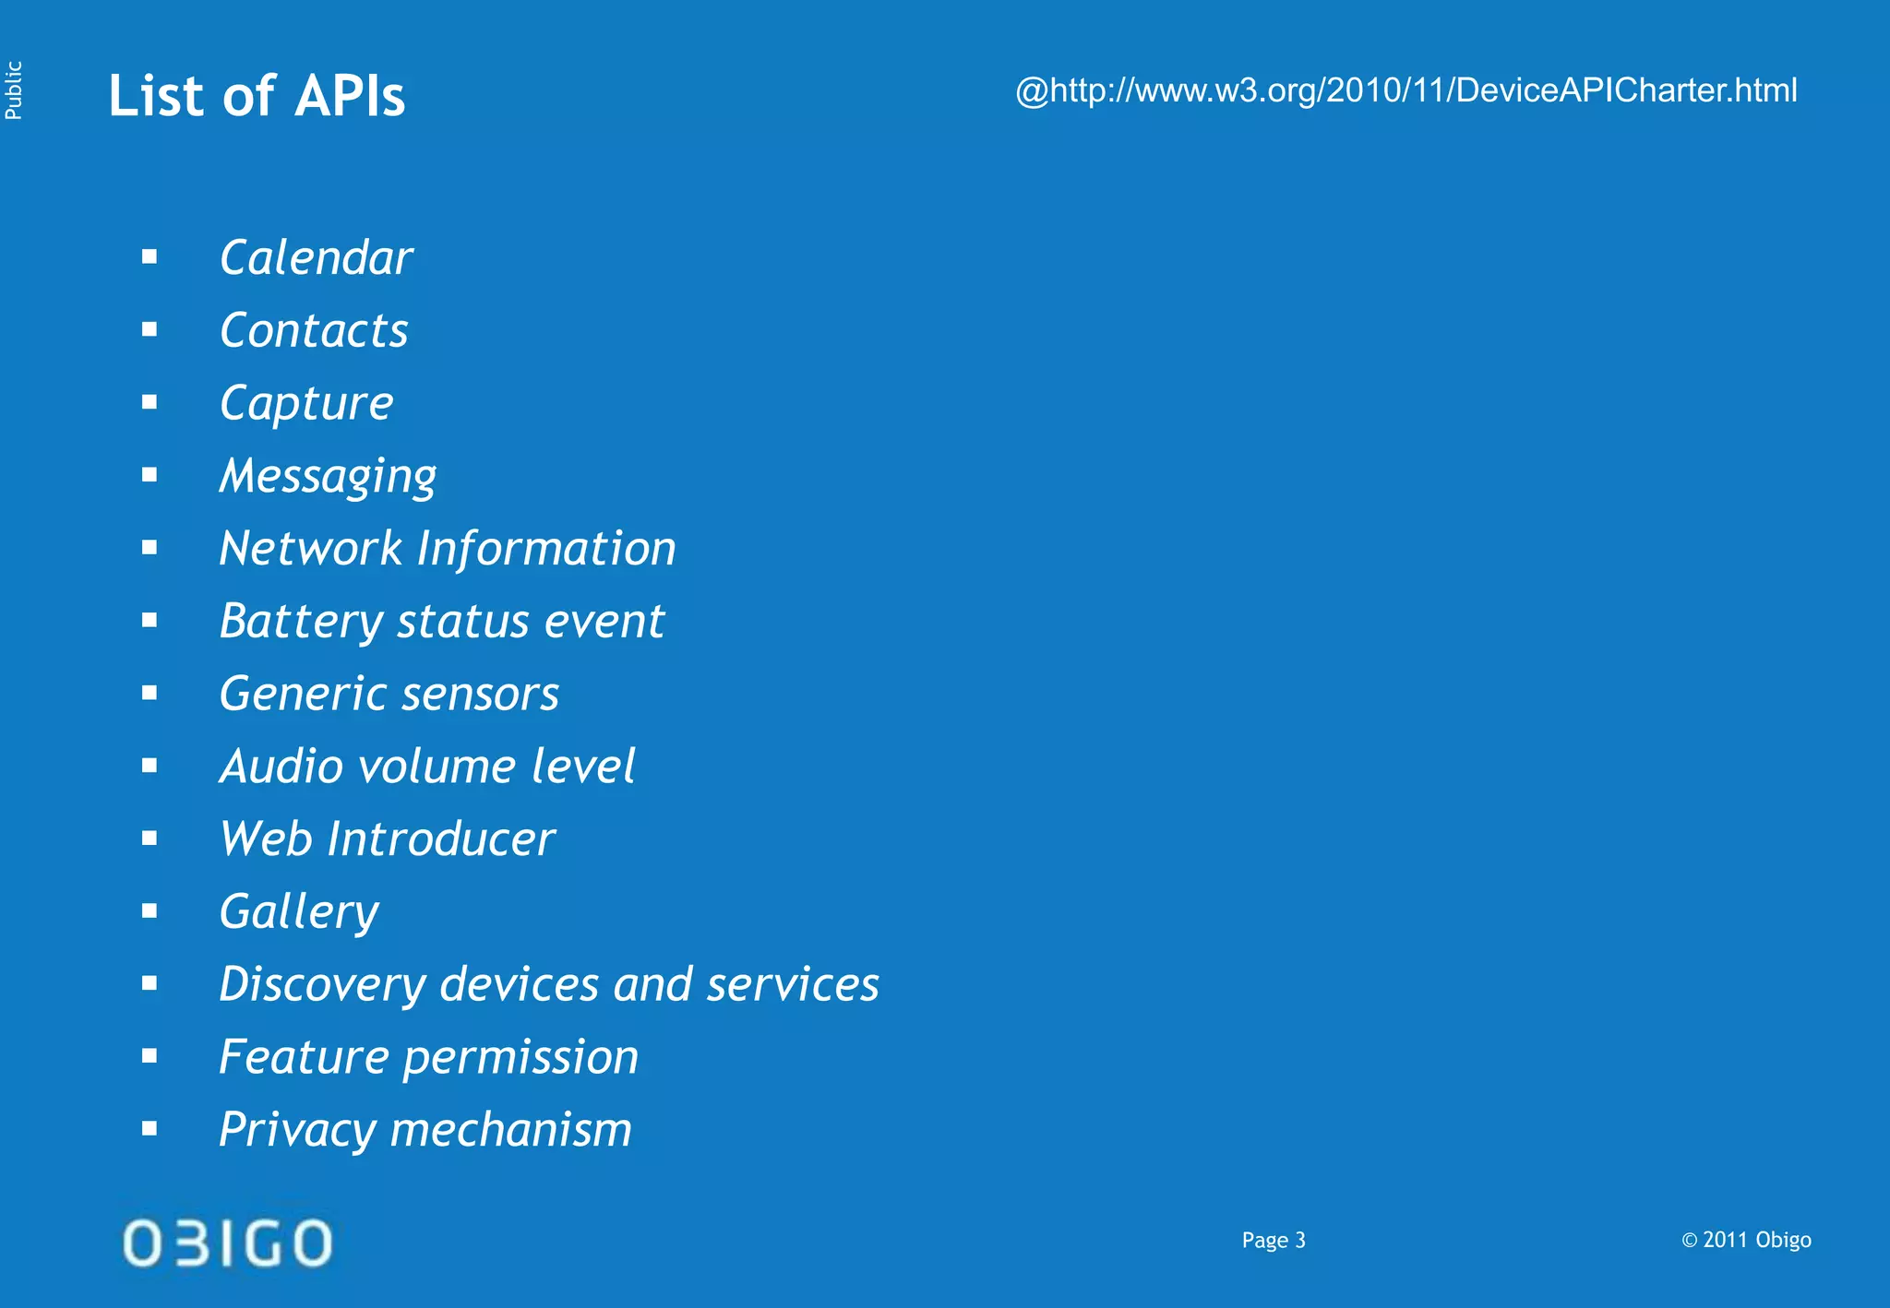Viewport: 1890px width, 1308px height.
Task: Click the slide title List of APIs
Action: pos(257,96)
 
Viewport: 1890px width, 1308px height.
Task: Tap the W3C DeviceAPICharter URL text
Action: pos(1406,90)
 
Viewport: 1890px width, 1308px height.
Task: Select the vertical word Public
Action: pos(13,90)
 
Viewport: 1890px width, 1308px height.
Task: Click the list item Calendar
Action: pos(316,257)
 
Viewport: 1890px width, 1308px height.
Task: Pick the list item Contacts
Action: pos(314,330)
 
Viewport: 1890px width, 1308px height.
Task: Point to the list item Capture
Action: pos(306,403)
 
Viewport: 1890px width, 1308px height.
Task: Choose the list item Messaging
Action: pos(328,476)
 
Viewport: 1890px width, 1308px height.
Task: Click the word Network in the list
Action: pos(310,549)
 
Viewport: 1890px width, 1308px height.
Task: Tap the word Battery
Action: pos(301,622)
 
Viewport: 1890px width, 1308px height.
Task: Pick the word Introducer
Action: pos(440,839)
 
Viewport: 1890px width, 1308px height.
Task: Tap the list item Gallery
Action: pos(299,912)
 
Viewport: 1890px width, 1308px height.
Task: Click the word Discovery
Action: pos(322,984)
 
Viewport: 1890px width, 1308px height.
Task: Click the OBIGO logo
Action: pos(227,1243)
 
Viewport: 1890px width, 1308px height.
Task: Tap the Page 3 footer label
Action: pos(1273,1241)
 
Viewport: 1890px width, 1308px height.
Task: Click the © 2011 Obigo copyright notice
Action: pos(1745,1241)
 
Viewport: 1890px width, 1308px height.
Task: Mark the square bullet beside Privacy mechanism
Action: pos(150,1128)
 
